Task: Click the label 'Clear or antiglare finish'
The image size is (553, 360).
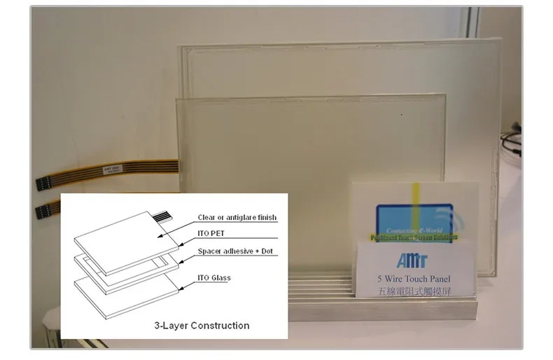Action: click(237, 218)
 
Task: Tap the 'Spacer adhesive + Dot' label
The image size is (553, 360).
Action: click(235, 251)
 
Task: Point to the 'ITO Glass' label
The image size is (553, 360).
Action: click(213, 278)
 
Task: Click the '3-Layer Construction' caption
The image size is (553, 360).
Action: click(202, 325)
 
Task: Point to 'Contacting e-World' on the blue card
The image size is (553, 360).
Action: click(413, 229)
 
